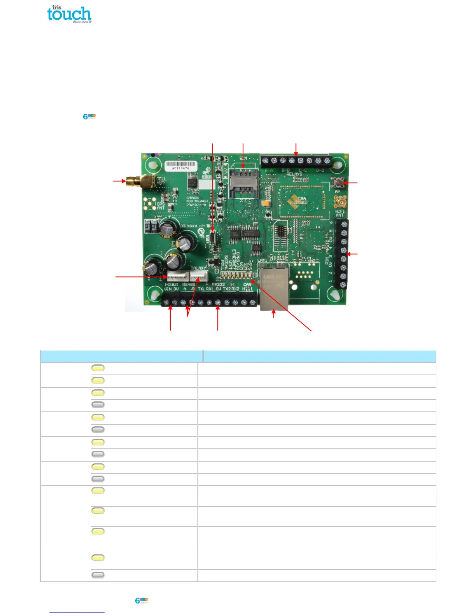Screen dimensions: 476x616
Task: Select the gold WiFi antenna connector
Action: coord(341,202)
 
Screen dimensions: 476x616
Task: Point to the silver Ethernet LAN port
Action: coord(274,288)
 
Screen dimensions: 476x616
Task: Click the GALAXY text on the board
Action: coord(198,268)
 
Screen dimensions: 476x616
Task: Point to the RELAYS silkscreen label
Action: coord(294,174)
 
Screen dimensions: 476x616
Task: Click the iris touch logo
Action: coord(69,14)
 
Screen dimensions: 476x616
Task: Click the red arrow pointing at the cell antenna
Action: coord(119,181)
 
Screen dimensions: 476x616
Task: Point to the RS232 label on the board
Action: coord(219,285)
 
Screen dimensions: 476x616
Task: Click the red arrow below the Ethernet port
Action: coord(274,313)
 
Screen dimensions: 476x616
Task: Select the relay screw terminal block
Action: coord(296,161)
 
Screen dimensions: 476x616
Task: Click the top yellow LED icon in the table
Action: coord(98,368)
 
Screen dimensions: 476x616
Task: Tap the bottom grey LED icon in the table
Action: coord(98,575)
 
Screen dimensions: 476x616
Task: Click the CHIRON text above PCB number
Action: coord(192,198)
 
